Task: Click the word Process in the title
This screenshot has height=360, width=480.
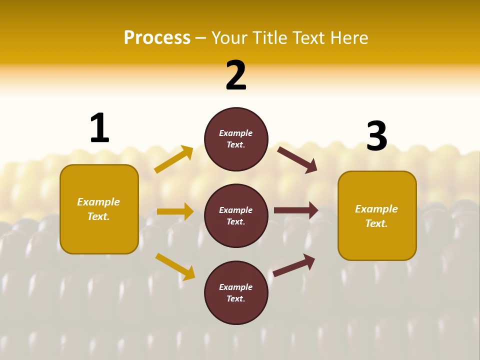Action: tap(157, 38)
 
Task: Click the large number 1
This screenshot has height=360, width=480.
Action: tap(99, 128)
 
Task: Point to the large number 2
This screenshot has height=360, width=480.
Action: tap(236, 75)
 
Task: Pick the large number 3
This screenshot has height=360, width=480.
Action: tap(376, 136)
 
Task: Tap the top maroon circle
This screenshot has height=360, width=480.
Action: tap(236, 139)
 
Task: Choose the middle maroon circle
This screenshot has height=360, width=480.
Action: tap(236, 215)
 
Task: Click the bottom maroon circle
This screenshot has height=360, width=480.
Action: tap(236, 292)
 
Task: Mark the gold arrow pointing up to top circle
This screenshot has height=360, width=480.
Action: tap(174, 159)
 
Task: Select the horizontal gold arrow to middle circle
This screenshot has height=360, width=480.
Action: tap(175, 211)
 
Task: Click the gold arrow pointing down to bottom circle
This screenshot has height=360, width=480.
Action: tap(175, 266)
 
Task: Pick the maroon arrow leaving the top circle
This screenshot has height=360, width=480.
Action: tap(297, 160)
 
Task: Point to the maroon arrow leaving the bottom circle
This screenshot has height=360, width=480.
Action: tap(294, 265)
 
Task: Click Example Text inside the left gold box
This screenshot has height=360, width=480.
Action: tap(98, 209)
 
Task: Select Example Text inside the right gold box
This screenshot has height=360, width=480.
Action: tap(376, 216)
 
